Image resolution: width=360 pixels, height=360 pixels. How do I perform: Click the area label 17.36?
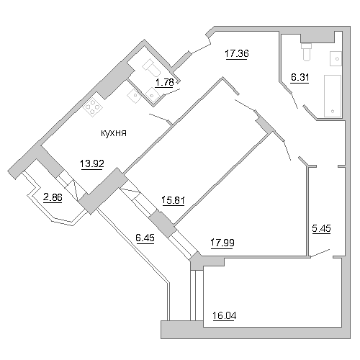(237, 53)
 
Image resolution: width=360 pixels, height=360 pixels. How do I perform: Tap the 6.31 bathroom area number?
(300, 77)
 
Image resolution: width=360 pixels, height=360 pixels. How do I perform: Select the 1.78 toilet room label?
(164, 82)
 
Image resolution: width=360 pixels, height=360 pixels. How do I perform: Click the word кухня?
(114, 133)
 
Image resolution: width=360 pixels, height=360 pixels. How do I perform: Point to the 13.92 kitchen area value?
(92, 164)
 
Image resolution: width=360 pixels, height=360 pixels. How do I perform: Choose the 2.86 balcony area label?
(53, 197)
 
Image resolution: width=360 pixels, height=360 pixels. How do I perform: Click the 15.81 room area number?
(173, 200)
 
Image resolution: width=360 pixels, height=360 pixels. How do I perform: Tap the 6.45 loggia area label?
(145, 238)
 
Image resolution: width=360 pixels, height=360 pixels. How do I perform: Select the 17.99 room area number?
(222, 243)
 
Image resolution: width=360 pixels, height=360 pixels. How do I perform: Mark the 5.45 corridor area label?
(321, 228)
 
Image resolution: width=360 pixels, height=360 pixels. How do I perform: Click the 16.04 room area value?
(225, 315)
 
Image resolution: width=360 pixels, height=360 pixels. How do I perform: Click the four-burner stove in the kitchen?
(93, 107)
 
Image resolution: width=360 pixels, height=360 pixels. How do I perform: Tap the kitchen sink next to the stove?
(134, 96)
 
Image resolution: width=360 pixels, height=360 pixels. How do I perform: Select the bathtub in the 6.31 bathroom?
(333, 96)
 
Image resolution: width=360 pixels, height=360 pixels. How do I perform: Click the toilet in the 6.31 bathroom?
(307, 52)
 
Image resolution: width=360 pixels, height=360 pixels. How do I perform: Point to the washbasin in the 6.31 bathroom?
(336, 58)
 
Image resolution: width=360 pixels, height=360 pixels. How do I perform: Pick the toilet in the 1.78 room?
(151, 68)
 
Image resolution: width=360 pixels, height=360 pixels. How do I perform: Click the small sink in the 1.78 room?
(153, 94)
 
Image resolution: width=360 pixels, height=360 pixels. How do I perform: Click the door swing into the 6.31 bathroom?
(294, 101)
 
